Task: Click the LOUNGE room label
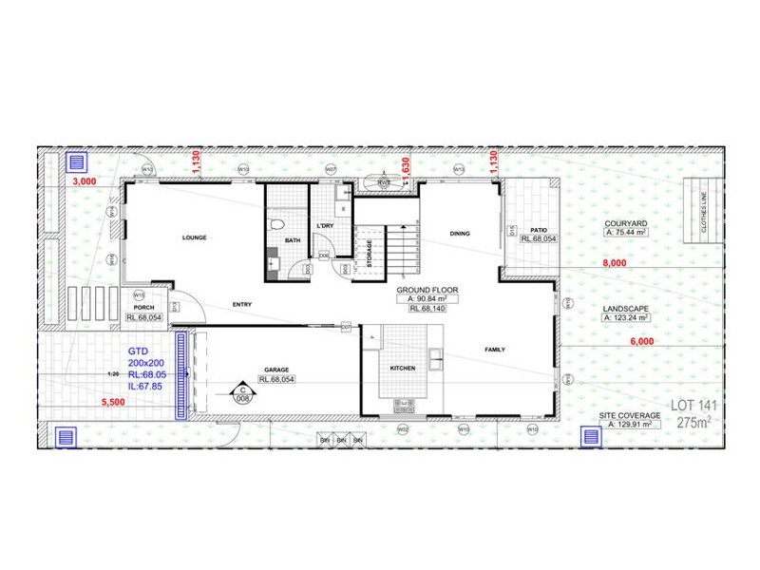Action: (195, 237)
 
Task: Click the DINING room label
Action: (461, 233)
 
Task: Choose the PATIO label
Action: (539, 229)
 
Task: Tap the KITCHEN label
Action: (404, 367)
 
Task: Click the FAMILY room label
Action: (495, 350)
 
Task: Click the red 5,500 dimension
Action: (113, 403)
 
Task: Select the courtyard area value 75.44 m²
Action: (625, 232)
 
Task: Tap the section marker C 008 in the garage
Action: (242, 393)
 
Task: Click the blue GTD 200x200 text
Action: (148, 356)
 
